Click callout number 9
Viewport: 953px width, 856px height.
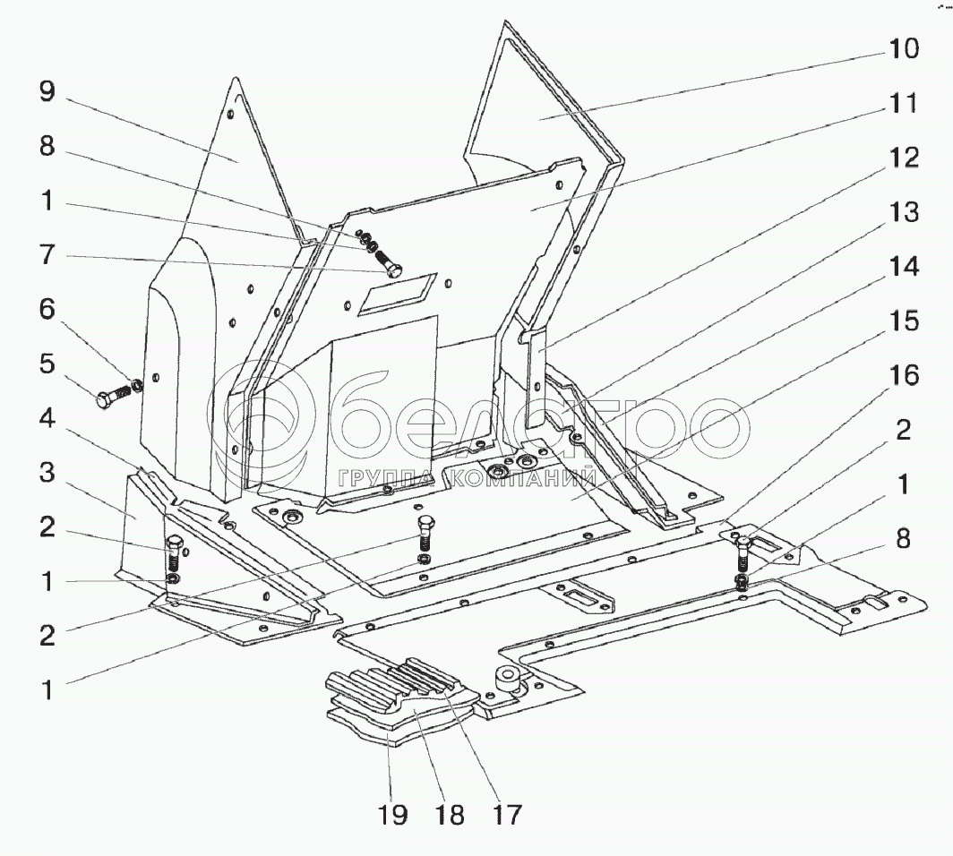pos(47,91)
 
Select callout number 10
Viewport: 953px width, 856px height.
pos(903,48)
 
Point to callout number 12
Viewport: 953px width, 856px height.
pos(903,158)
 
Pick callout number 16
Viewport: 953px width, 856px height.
pos(903,375)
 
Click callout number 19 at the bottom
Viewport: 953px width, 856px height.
pos(392,816)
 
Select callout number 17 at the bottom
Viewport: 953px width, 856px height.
pos(506,816)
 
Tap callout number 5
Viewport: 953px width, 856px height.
pos(47,364)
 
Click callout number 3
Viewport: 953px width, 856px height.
pos(47,473)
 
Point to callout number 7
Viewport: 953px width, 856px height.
pos(47,255)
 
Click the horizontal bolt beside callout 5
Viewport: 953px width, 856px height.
pos(115,396)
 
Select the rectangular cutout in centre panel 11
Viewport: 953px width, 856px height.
pos(397,294)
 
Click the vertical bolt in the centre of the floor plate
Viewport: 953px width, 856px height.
pos(425,532)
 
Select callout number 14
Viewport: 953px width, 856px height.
pos(903,267)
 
